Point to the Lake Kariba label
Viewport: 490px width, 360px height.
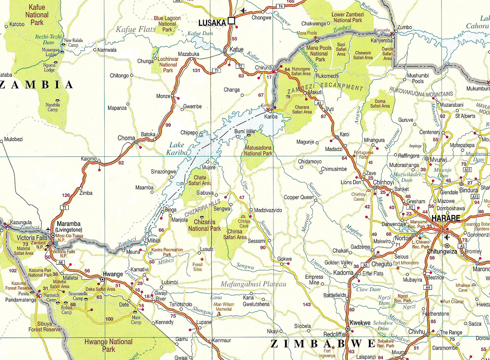tap(176, 148)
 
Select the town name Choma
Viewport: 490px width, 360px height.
tap(126, 138)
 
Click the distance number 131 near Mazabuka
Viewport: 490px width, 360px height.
tap(196, 71)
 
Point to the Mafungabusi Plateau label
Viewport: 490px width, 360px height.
tap(254, 284)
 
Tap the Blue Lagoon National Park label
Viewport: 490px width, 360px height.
tap(167, 24)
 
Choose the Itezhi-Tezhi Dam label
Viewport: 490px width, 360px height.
tap(49, 39)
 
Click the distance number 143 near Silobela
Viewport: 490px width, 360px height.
tap(307, 305)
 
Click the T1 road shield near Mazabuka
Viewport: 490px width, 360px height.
tap(216, 71)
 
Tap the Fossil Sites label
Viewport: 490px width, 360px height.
tap(197, 267)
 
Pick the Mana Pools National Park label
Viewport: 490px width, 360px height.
tap(319, 54)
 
